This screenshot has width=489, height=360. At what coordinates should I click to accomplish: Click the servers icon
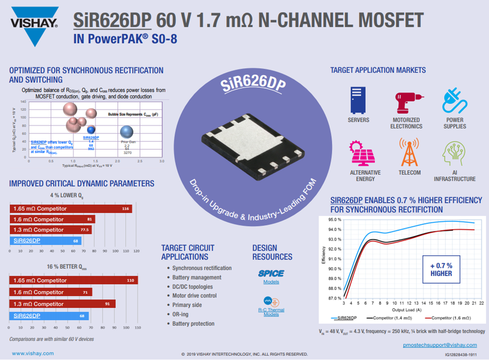(358, 100)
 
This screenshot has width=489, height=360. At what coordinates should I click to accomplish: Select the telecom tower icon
(409, 153)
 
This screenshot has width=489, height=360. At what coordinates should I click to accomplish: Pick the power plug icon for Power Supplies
(454, 100)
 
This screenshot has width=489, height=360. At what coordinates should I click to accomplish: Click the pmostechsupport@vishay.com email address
(440, 345)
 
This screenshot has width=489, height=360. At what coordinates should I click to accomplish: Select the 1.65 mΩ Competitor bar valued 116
(71, 208)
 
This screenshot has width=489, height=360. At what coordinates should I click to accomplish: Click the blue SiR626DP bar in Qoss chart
(49, 316)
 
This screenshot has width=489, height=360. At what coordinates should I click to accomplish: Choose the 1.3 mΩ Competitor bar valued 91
(62, 304)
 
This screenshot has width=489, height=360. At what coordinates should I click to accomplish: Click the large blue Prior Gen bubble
(127, 131)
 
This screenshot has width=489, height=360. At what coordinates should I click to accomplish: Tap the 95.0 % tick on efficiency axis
(335, 220)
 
